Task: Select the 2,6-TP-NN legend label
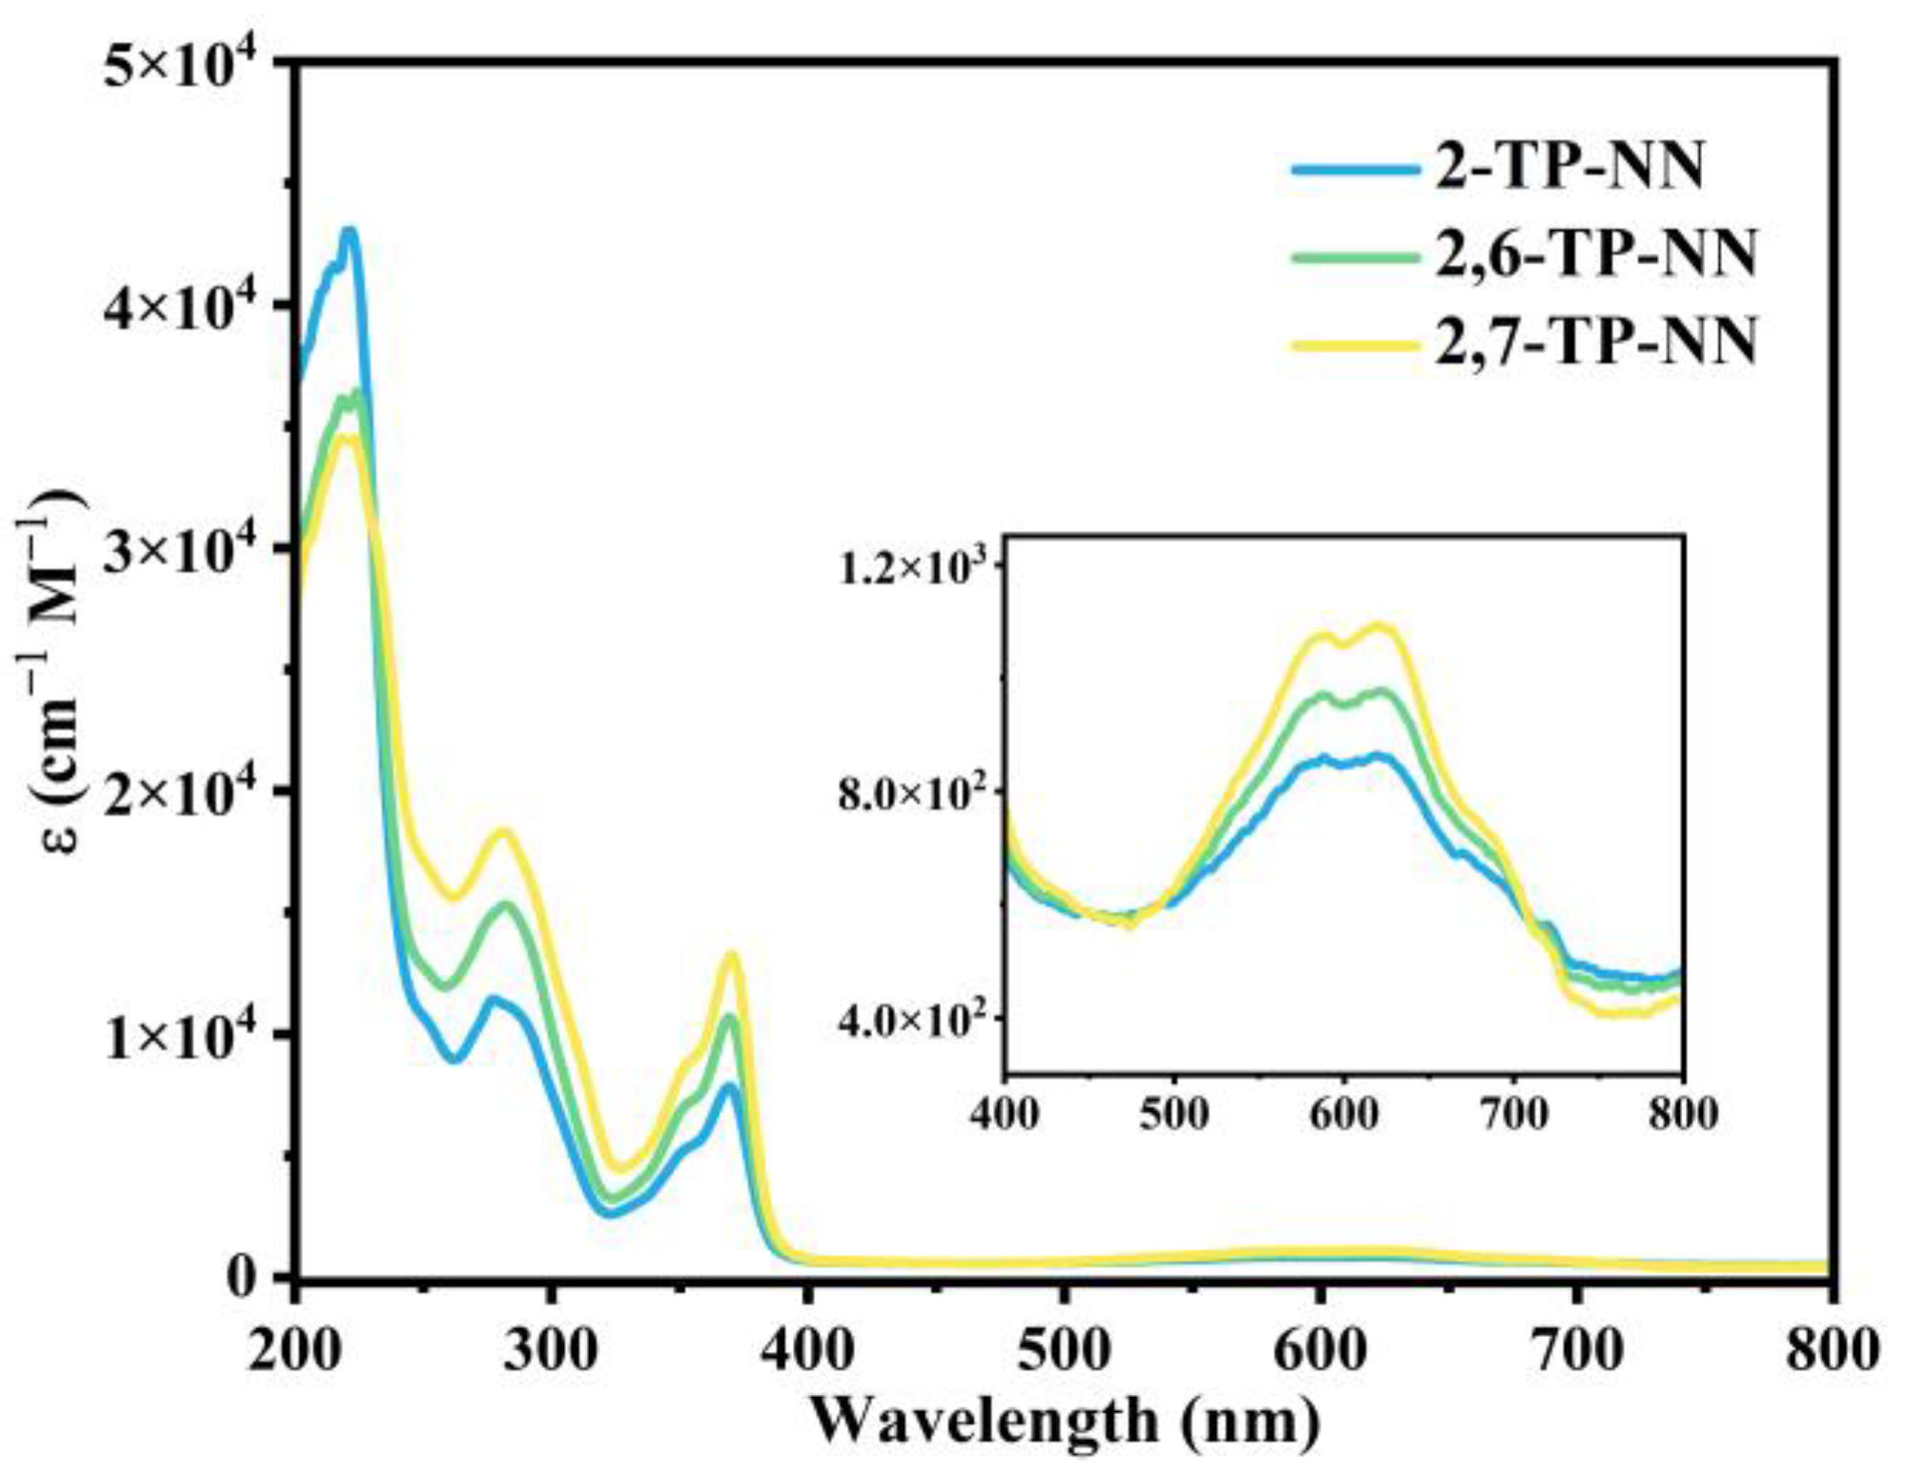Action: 1595,255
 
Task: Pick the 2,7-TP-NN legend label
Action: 1595,342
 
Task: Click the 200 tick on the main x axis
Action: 294,1350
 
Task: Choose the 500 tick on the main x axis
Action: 1064,1350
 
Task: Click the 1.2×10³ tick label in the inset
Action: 919,569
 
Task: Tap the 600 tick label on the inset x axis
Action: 1343,1113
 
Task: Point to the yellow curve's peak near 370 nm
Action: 732,954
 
